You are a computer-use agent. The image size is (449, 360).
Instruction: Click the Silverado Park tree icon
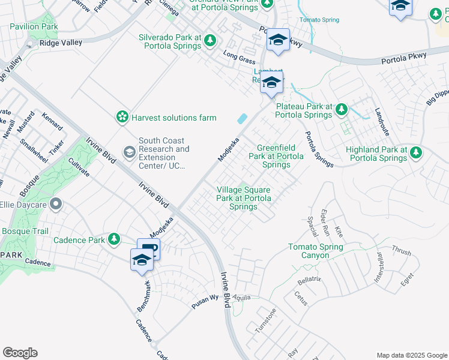209,41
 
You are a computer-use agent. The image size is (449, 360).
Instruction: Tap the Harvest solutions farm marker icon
122,118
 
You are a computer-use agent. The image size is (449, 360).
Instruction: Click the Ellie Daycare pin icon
56,205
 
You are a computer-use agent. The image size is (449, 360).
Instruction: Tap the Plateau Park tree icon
342,109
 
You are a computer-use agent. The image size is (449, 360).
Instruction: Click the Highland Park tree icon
415,152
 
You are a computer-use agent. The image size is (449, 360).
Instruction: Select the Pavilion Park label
34,27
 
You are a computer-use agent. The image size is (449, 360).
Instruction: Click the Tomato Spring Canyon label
316,251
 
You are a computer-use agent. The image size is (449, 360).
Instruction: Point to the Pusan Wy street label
206,299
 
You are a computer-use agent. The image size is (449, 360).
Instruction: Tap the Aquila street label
242,297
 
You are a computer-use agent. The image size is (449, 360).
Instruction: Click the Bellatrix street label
311,280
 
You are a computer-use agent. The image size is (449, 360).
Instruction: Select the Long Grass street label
235,58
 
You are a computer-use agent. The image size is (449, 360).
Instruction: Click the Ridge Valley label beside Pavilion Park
61,43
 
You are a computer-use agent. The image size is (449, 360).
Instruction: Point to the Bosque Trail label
20,231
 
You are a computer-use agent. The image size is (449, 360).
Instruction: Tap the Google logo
20,353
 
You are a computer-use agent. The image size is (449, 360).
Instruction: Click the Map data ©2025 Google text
411,355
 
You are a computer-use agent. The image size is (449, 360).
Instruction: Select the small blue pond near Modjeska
242,119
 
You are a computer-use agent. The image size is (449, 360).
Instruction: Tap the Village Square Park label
244,198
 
